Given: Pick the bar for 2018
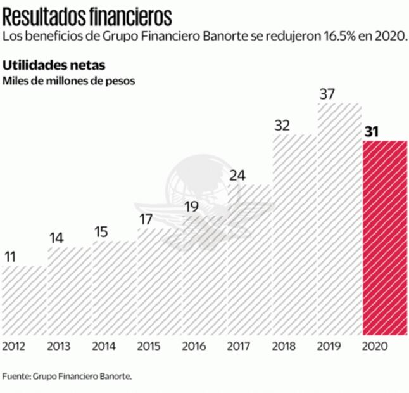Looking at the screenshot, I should coord(294,235).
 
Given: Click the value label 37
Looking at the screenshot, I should coord(327,94).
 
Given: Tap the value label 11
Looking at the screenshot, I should coord(10,257).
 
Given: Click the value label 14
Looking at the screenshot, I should coord(56,238).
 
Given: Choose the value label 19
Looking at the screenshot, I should coord(192,207).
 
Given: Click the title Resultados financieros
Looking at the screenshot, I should coord(86,14).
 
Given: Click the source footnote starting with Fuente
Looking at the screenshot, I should coord(66,376).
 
